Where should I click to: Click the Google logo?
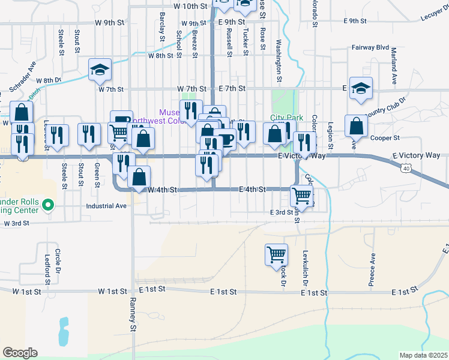[x=20, y=353]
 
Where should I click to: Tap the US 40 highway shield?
[x=406, y=170]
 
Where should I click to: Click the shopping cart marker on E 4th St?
[x=301, y=194]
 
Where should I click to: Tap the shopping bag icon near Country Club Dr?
[x=357, y=126]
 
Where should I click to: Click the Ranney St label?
[x=133, y=316]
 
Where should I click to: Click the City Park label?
[x=286, y=118]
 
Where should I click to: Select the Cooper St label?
[x=385, y=137]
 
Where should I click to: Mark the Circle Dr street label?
[x=58, y=259]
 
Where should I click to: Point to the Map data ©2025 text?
[x=424, y=355]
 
